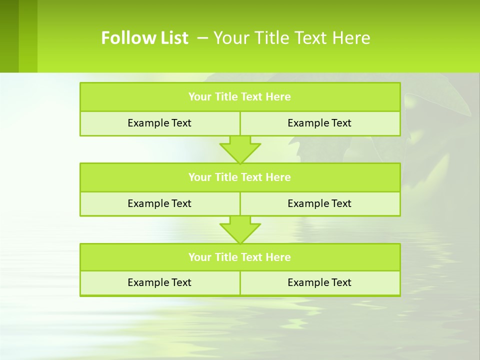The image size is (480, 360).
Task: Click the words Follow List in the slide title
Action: click(144, 38)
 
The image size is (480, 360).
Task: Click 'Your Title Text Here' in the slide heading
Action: click(292, 38)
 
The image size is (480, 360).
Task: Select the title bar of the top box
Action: click(239, 97)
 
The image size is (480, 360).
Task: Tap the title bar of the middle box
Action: click(239, 177)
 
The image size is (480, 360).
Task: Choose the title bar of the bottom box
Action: click(239, 257)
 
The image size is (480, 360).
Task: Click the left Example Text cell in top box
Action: click(159, 123)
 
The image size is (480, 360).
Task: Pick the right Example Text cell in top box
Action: click(319, 123)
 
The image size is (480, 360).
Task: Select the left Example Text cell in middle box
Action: click(159, 203)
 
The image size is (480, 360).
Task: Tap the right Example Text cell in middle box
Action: click(319, 203)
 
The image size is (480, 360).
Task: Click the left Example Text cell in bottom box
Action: click(159, 282)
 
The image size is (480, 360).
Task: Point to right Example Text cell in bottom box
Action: click(319, 282)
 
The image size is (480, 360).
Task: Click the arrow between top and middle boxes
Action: click(240, 149)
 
